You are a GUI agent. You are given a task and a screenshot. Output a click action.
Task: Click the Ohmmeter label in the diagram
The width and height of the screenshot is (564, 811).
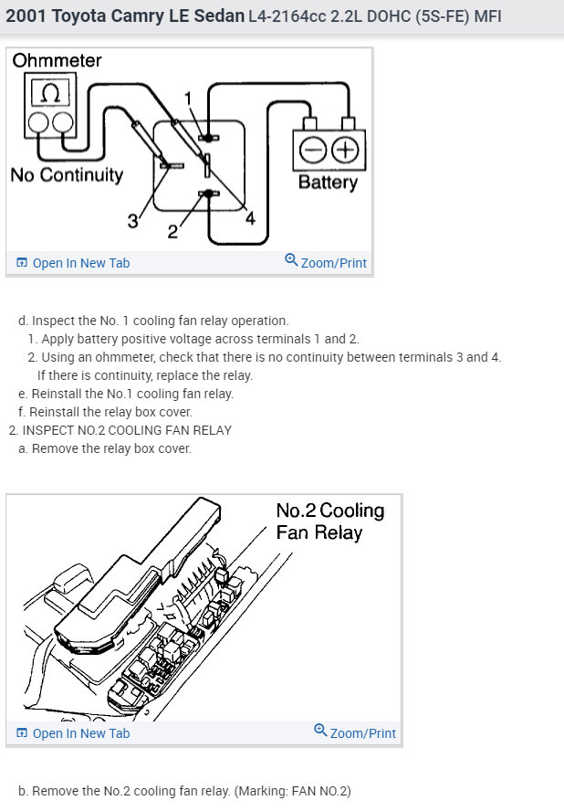coord(57,61)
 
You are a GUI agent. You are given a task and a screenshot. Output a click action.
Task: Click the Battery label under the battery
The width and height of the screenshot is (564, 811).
coord(328,182)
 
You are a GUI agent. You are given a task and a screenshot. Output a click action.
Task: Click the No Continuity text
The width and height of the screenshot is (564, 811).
coord(66,174)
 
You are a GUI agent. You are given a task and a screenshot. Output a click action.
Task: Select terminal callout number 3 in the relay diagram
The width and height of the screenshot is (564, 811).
coord(132,220)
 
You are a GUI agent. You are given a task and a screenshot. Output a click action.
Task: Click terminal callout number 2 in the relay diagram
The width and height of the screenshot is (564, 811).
coord(172,230)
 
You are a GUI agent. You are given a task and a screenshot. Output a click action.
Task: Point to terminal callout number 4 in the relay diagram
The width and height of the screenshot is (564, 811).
coord(250,218)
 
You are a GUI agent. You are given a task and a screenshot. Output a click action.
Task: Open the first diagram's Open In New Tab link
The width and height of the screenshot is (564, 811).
coord(73,263)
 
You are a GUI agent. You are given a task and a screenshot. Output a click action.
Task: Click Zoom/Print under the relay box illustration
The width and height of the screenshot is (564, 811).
coord(355,732)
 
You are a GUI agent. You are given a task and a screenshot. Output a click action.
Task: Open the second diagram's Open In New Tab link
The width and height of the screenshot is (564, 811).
coord(73,733)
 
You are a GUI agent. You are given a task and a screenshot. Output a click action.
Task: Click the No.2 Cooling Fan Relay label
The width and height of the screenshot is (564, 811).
coord(329,521)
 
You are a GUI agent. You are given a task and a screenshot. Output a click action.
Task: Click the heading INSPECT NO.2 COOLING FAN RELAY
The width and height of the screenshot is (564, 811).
coord(127,430)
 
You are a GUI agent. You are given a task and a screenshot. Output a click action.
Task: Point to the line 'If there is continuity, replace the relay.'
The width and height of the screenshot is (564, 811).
coord(145,375)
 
